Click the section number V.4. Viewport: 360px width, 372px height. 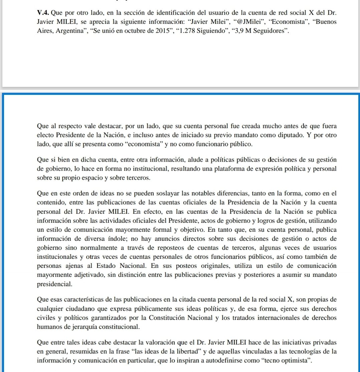[x=43, y=13]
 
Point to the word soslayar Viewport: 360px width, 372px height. [x=146, y=193]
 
